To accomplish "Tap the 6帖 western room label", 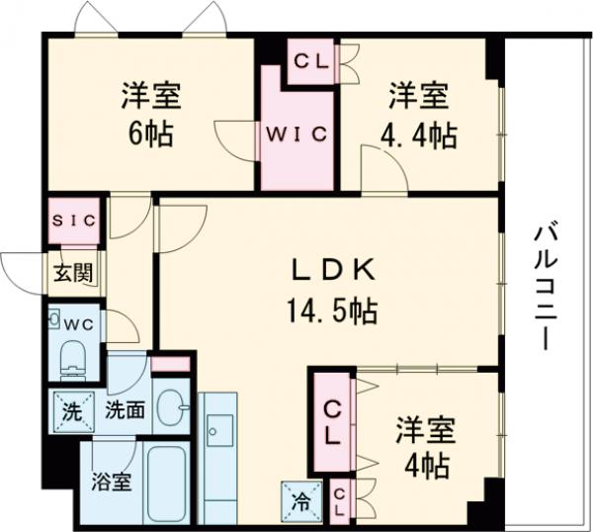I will tap(150, 115).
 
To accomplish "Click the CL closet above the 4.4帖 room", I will tap(312, 60).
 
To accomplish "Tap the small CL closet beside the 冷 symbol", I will tap(339, 498).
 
